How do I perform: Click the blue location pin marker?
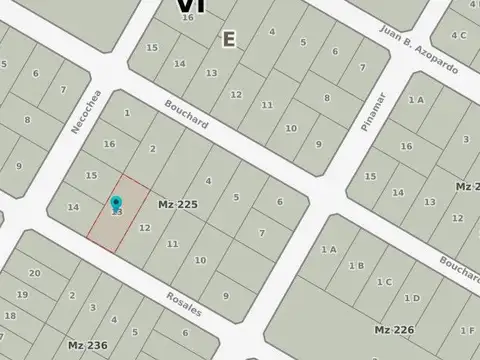[116, 205]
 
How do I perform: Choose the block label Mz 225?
[178, 204]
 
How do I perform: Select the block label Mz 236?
[87, 345]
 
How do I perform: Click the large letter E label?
[229, 39]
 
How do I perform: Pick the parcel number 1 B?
[356, 265]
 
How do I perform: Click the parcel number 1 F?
[466, 330]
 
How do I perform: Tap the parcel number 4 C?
[458, 35]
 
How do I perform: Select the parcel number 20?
[34, 273]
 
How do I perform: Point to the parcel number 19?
[21, 294]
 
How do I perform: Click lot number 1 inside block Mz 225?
[127, 113]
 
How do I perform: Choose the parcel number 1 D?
[409, 298]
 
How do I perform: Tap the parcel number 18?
[10, 315]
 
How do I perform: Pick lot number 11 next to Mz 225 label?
[173, 243]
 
